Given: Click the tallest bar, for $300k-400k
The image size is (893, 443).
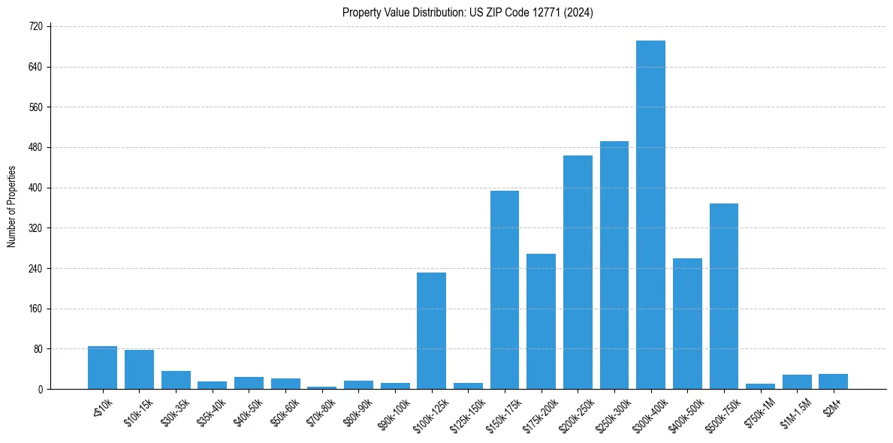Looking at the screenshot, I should pos(650,215).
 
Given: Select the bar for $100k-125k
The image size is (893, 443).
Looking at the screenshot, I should pos(431,330).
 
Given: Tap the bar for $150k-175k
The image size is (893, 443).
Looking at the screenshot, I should pos(505,290).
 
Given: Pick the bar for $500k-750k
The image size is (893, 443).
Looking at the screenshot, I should pos(724,296).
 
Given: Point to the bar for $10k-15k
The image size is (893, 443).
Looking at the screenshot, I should pos(139,369).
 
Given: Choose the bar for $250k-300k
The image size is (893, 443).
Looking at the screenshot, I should pos(614,265).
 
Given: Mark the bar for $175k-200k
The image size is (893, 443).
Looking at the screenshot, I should pos(541,321).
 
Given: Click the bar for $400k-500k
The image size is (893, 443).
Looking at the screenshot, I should pos(687,324).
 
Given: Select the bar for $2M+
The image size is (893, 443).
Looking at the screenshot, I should pos(834,381).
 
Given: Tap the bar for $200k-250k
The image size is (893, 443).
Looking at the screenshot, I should pos(578,272).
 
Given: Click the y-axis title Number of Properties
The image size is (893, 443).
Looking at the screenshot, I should pos(12,207).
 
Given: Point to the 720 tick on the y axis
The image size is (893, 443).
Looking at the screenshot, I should pos(36,26).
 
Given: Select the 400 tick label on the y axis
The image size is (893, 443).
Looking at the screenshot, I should pos(36,188).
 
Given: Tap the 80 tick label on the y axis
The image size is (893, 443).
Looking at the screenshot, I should pos(38,349).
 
